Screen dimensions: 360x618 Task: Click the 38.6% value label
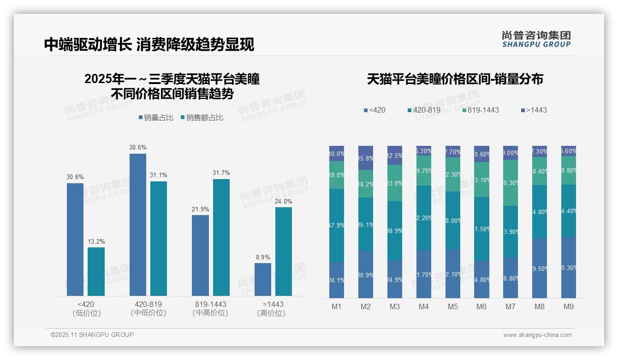click(x=138, y=148)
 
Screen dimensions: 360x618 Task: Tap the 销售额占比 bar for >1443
click(x=284, y=251)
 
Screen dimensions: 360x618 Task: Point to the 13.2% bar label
click(x=96, y=241)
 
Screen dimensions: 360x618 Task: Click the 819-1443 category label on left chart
click(x=210, y=305)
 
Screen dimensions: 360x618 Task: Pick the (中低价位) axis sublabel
click(x=148, y=313)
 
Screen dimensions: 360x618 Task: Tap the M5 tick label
click(x=452, y=307)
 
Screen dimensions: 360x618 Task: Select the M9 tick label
click(x=569, y=307)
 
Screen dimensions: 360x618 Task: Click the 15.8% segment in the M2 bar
click(x=366, y=158)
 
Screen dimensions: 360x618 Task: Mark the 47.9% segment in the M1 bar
click(x=337, y=225)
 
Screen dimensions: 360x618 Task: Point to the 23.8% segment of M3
click(x=395, y=183)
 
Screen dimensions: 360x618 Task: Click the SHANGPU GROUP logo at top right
click(x=536, y=39)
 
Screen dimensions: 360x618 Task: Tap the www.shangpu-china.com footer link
click(x=537, y=335)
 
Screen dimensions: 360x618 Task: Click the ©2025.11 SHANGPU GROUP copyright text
click(x=92, y=335)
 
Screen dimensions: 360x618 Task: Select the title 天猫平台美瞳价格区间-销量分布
click(x=455, y=79)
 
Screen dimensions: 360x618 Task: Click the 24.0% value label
click(x=284, y=202)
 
